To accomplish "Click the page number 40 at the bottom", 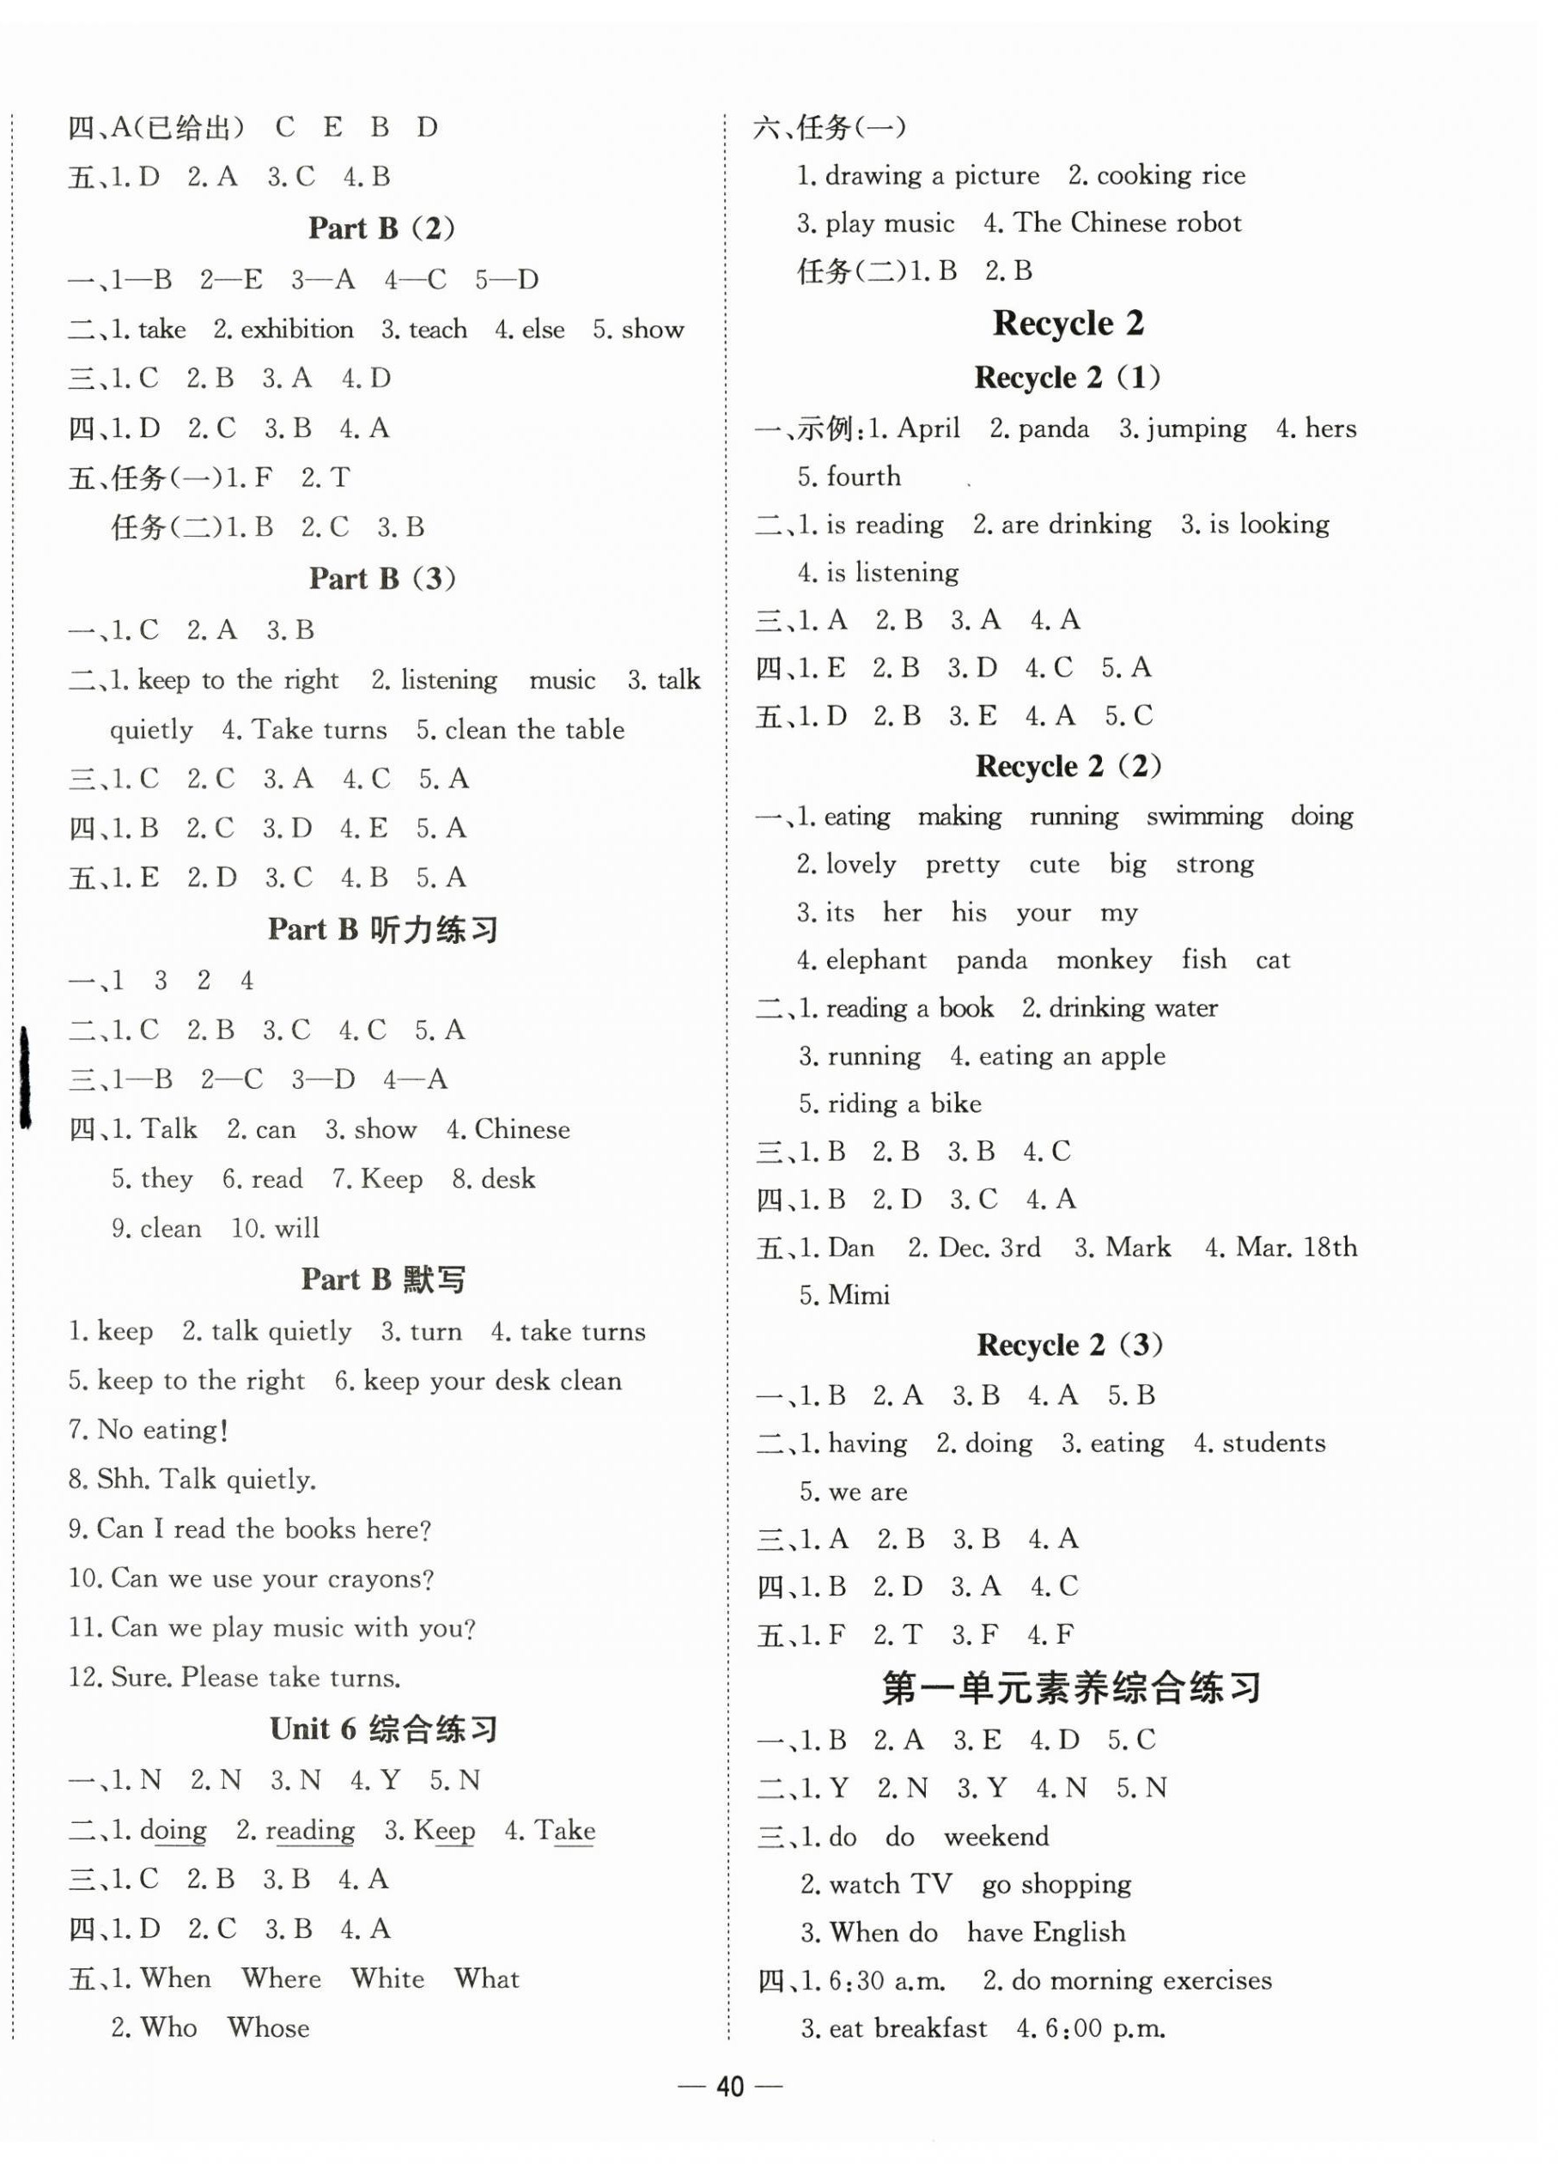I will tap(729, 2087).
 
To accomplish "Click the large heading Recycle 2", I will tap(1068, 324).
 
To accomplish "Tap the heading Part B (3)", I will tap(381, 578).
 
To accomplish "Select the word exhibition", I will tap(296, 329).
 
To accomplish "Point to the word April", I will tap(928, 428).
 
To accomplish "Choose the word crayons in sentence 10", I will tap(380, 1578).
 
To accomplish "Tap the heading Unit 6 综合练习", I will tap(384, 1728).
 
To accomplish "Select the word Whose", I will tap(268, 2027).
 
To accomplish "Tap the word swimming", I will tap(1204, 816).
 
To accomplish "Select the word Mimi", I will tap(859, 1295).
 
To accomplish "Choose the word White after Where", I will tap(387, 1978).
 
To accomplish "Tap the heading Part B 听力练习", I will tap(382, 929).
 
